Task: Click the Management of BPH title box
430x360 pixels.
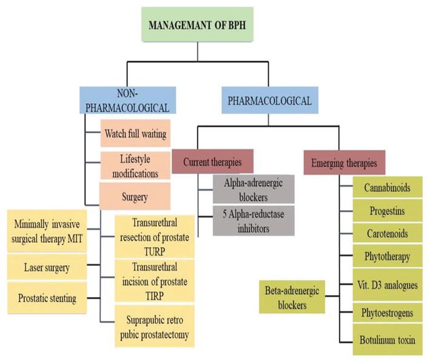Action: click(x=197, y=25)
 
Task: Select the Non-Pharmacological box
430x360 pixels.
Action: click(x=127, y=100)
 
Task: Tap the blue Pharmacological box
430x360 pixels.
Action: click(x=270, y=100)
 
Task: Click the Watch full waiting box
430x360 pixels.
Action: click(x=135, y=133)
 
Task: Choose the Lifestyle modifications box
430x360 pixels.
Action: click(x=135, y=166)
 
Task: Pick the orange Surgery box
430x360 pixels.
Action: click(x=135, y=197)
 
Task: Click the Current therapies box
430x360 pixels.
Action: click(x=212, y=161)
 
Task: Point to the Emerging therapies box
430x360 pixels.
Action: click(x=344, y=163)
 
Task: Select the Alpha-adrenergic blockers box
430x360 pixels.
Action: click(x=254, y=189)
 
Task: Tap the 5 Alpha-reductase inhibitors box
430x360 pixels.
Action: click(x=254, y=221)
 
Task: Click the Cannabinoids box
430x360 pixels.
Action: click(x=387, y=187)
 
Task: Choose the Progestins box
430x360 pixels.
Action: click(x=387, y=211)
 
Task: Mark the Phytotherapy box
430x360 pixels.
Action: click(x=387, y=256)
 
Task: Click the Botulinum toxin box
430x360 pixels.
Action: click(x=387, y=340)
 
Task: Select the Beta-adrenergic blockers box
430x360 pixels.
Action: click(x=292, y=297)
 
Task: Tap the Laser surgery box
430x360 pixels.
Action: click(x=47, y=267)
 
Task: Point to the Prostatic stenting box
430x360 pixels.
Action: click(x=47, y=298)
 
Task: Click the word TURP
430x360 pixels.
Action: click(x=155, y=251)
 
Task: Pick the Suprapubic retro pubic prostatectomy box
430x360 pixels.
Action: click(x=155, y=327)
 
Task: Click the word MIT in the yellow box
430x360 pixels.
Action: click(x=75, y=239)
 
